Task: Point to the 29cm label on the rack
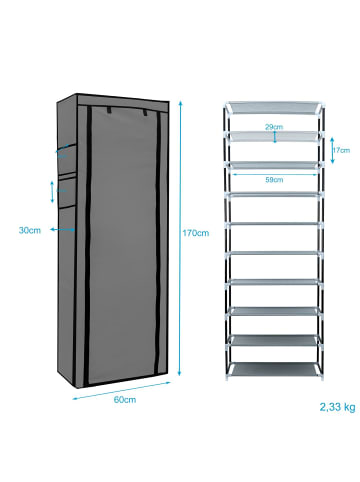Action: click(x=272, y=128)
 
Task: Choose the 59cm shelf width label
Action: click(x=272, y=181)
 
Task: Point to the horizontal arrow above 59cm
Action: click(x=272, y=173)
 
